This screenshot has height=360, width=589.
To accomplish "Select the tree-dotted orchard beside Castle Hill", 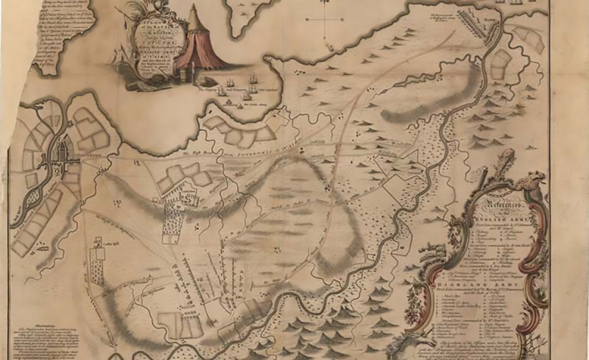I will (x=96, y=261).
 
